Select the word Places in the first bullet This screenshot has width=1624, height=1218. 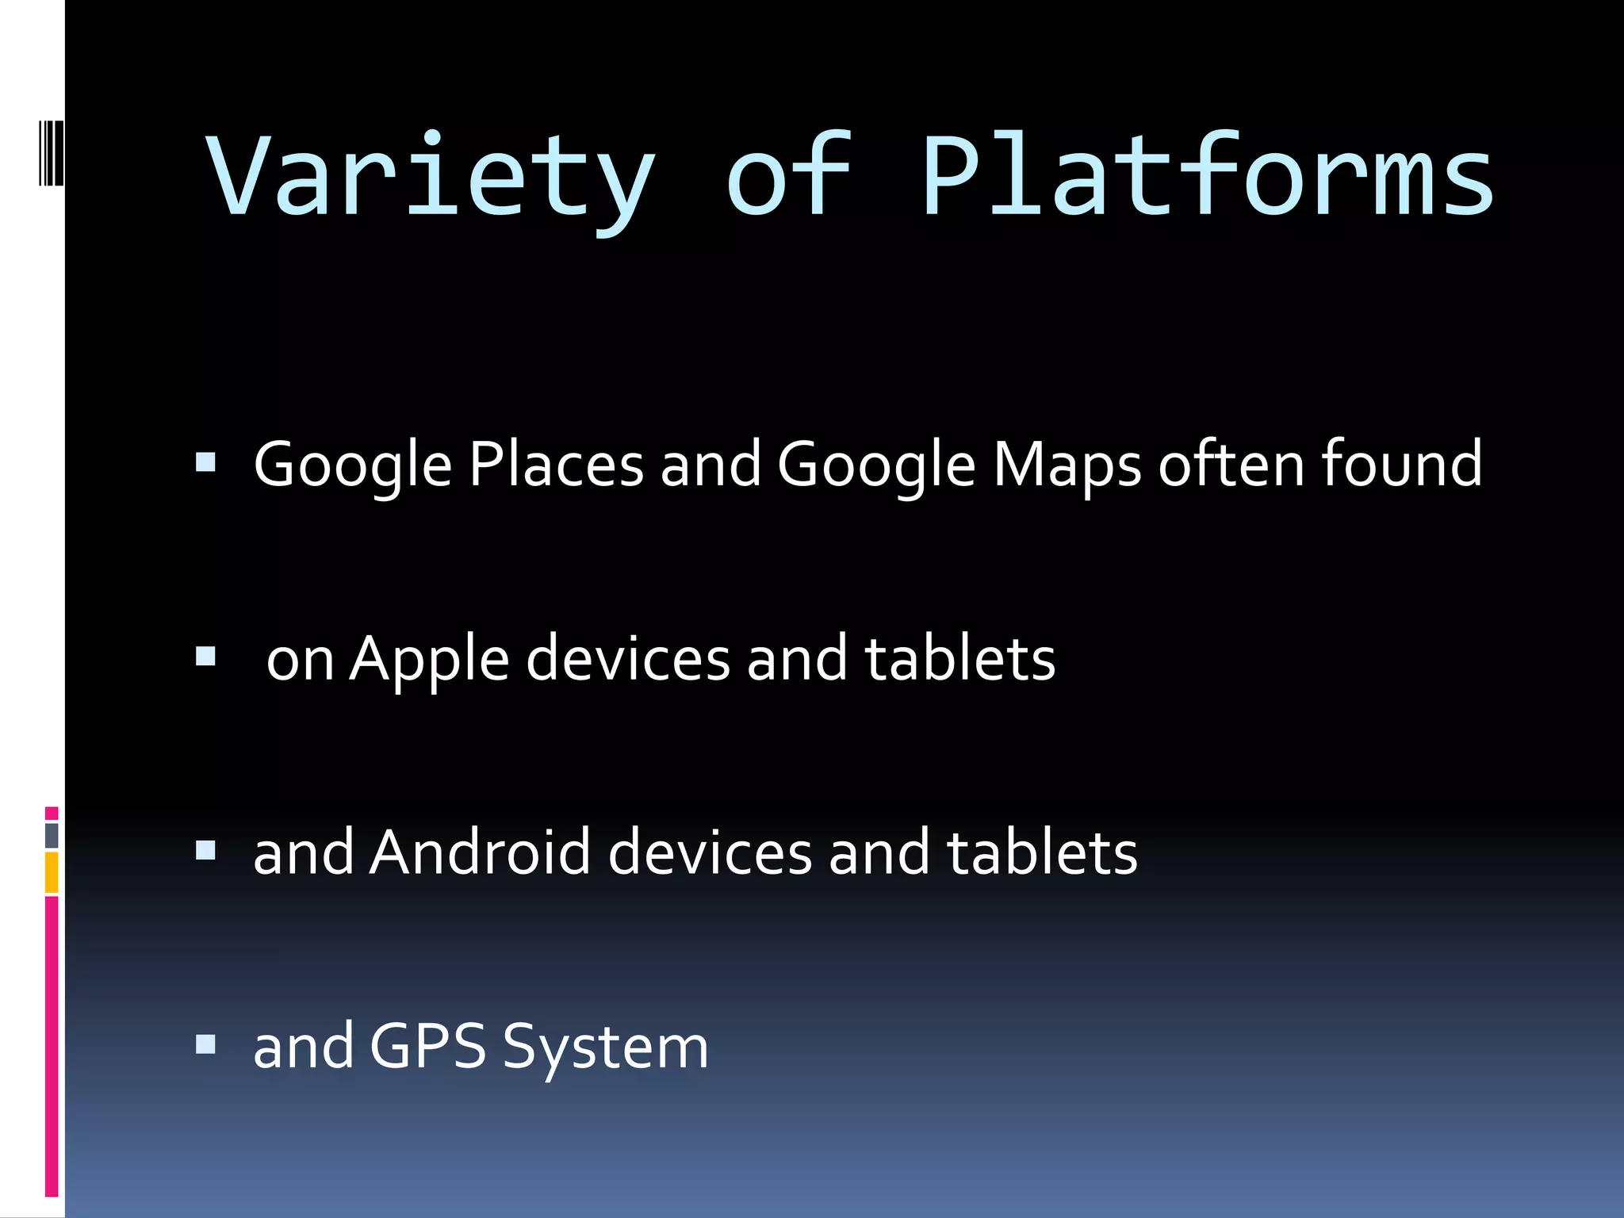[x=556, y=464]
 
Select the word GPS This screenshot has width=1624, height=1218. [x=427, y=1047]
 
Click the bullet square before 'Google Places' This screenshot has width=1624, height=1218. [x=205, y=462]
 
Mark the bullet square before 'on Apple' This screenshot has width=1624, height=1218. [x=205, y=657]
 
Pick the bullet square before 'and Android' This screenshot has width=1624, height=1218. [x=205, y=851]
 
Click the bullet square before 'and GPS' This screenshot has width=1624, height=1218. [x=205, y=1045]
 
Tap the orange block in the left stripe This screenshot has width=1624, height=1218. [x=52, y=872]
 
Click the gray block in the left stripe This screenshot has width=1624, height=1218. [x=52, y=835]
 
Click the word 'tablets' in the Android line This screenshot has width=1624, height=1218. [x=1042, y=852]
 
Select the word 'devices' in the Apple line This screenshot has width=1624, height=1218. [x=627, y=658]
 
